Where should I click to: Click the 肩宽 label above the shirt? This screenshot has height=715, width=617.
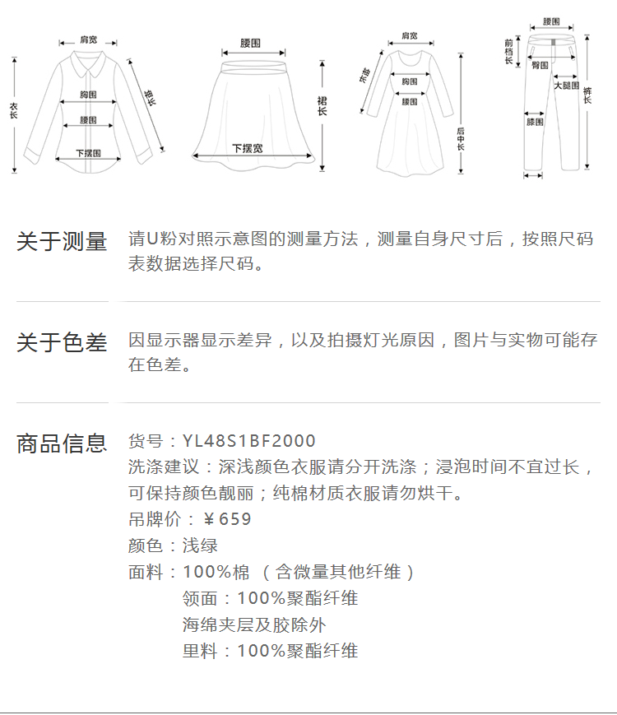[x=89, y=40]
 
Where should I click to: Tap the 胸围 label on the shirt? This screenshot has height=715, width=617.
[x=89, y=95]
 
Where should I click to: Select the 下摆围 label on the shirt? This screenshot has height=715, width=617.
[x=89, y=153]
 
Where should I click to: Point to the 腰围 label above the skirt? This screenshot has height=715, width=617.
[x=250, y=44]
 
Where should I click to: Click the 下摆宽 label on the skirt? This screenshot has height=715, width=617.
[x=248, y=149]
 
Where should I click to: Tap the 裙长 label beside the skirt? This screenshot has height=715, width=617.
[x=322, y=106]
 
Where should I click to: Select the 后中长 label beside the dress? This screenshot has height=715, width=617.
[x=461, y=139]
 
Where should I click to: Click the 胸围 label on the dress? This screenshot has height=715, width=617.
[x=410, y=81]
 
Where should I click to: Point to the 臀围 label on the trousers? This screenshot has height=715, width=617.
[x=540, y=66]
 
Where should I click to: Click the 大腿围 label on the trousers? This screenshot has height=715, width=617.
[x=566, y=86]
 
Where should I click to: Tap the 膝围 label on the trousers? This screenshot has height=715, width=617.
[x=535, y=123]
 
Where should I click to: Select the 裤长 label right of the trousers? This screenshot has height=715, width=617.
[x=587, y=95]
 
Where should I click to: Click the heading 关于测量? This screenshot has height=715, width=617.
[x=62, y=241]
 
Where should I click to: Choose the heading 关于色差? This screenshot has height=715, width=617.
[x=62, y=342]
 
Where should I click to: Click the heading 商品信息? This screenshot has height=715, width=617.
[x=62, y=443]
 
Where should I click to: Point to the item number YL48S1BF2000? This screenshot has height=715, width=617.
[x=249, y=441]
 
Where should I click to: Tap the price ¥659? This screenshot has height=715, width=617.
[x=227, y=519]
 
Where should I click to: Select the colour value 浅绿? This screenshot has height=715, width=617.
[x=200, y=546]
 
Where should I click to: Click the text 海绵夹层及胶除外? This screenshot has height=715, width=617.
[x=254, y=624]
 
